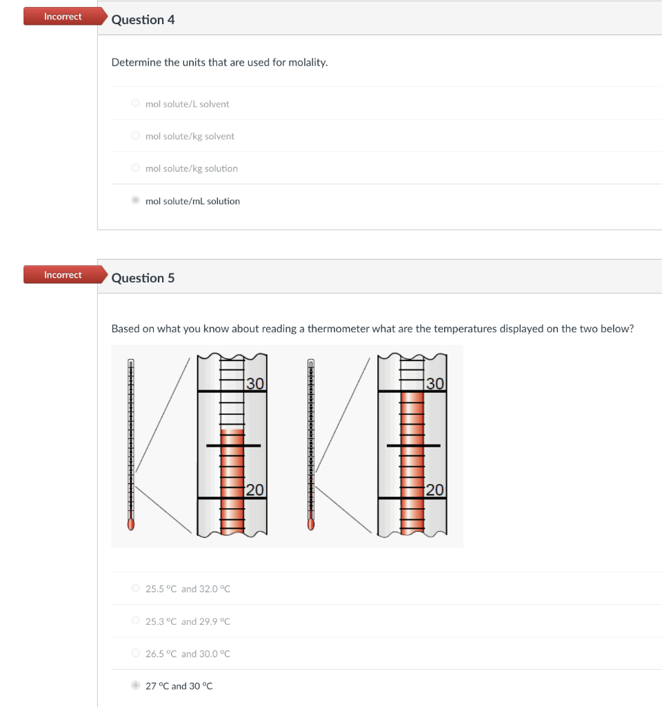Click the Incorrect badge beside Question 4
63,17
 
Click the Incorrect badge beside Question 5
63,275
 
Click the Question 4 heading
143,20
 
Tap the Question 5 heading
143,278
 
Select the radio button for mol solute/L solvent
136,104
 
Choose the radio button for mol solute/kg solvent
136,136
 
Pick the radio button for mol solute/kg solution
136,168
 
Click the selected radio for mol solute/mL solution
136,201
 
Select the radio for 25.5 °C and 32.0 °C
136,589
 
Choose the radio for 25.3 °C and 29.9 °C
136,621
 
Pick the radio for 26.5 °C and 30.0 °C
136,653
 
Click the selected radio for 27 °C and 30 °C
136,686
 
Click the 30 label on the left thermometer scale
255,384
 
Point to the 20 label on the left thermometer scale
254,490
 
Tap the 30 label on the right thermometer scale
435,384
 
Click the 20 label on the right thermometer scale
435,490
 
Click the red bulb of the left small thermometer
130,523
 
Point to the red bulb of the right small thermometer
311,523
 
